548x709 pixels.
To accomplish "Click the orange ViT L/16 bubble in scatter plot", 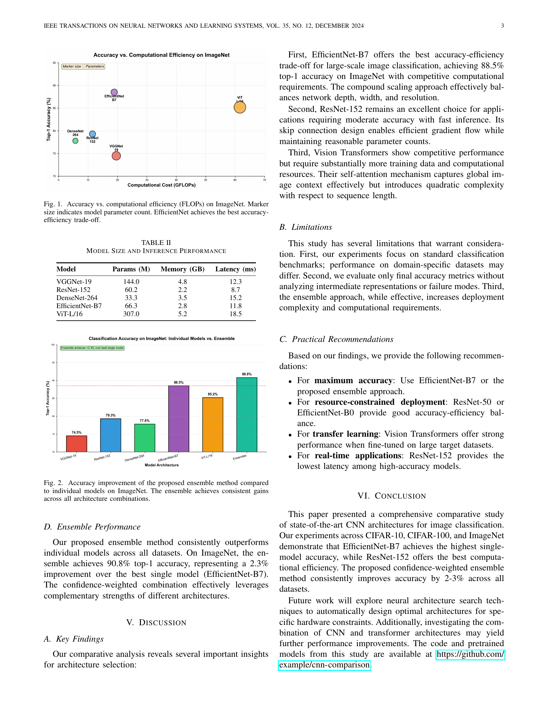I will pos(240,107).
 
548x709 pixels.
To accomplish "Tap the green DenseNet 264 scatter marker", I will pos(75,141).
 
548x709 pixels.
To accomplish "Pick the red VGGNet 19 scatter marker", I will pos(116,156).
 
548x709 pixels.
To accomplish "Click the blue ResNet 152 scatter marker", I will pos(93,134).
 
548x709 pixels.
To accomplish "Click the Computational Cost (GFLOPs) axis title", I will pos(161,185).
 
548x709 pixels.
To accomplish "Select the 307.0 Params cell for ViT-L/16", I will pos(131,314).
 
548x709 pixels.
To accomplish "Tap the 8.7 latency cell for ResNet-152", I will pos(235,290).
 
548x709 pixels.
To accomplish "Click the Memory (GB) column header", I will pos(182,269).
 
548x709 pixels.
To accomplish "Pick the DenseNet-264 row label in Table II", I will pos(77,298).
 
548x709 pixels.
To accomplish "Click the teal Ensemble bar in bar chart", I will pos(247,414).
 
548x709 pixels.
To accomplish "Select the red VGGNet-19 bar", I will pos(77,443).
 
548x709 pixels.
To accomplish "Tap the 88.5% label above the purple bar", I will pos(179,383).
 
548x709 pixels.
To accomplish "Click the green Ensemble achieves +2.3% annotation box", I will pos(92,348).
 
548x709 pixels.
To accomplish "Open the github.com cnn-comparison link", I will pos(325,665).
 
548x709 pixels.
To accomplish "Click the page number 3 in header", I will pos(502,26).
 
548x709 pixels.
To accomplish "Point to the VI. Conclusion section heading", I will pos(392,496).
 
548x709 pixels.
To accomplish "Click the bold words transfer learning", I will pos(346,434).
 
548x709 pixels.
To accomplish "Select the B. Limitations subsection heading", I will pos(306,227).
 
